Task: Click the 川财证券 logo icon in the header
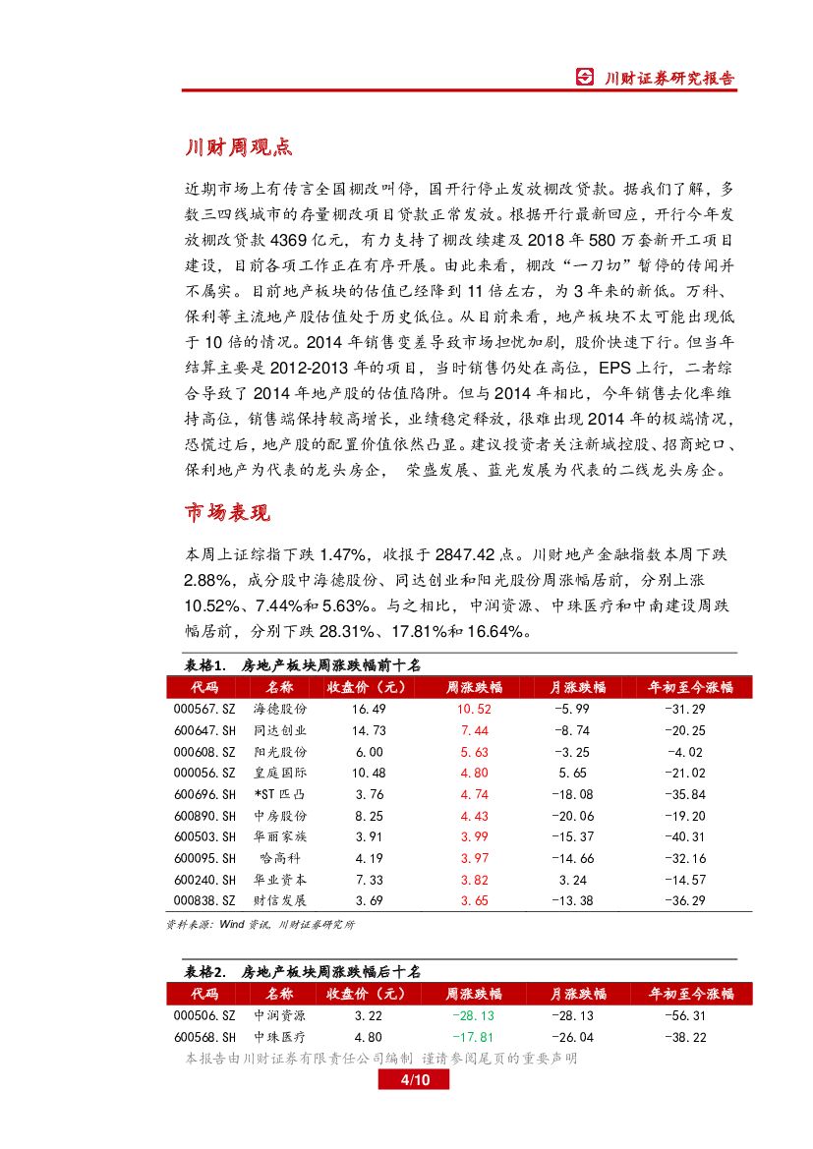tap(585, 79)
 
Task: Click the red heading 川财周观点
tap(239, 148)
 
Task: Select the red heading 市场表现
tap(227, 513)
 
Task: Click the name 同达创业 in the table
tap(280, 730)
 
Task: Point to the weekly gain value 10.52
tap(473, 709)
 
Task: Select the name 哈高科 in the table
tap(280, 858)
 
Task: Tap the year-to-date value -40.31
tap(684, 836)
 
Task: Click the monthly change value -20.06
tap(573, 816)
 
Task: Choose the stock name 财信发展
tap(280, 900)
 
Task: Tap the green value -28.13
tap(473, 1015)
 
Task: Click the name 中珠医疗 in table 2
tap(280, 1037)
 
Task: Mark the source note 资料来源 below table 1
tap(261, 925)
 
